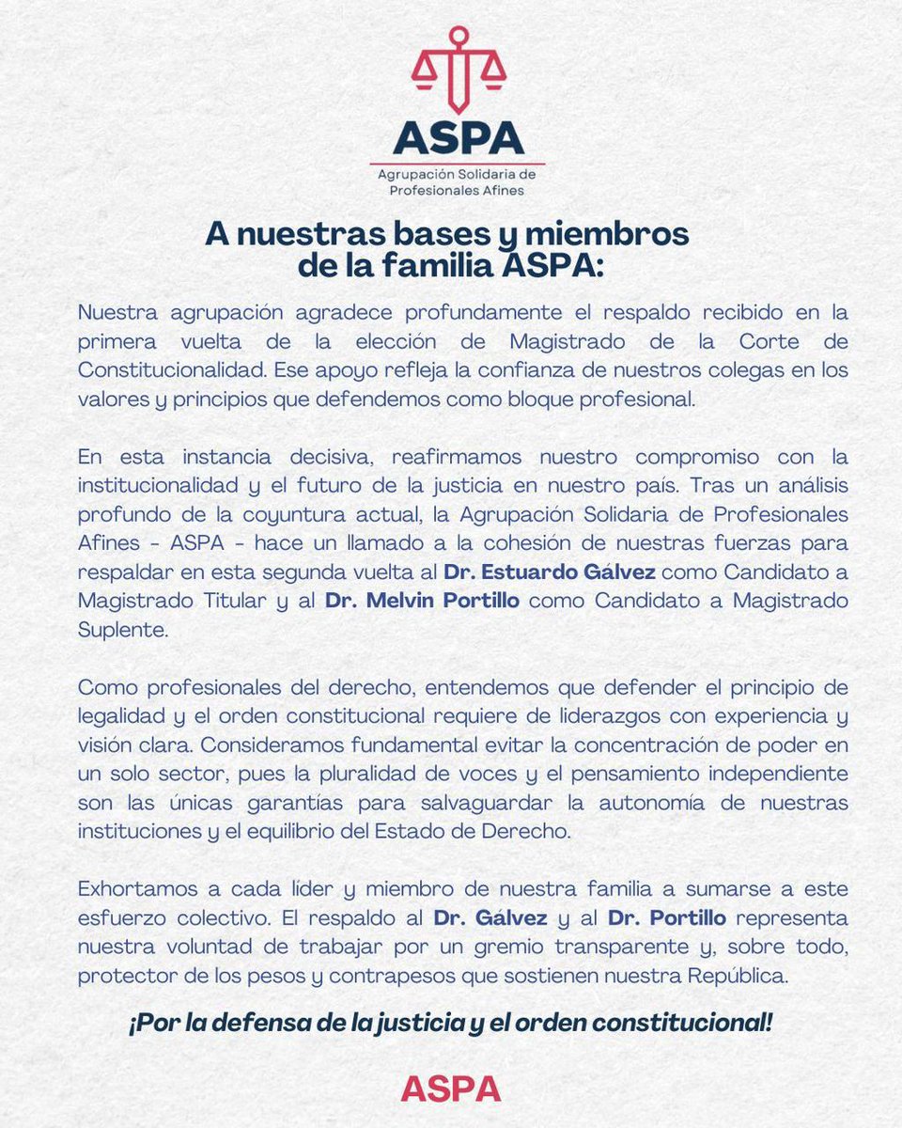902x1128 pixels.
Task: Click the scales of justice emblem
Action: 459,72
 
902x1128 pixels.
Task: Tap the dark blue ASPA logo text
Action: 459,138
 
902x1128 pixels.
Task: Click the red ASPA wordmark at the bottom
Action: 450,1089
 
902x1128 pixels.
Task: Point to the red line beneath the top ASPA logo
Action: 459,164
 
